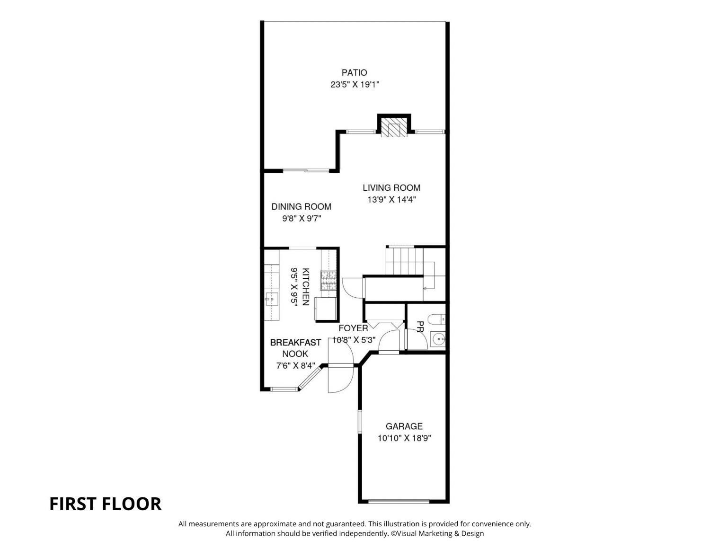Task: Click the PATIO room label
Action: click(354, 72)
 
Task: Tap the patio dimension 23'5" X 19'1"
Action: click(355, 85)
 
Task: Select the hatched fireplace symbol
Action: click(394, 127)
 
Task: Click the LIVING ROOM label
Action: click(391, 188)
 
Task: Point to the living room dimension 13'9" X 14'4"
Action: click(391, 199)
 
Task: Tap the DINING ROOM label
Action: click(301, 206)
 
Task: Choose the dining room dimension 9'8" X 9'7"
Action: click(302, 218)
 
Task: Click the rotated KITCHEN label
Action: click(305, 286)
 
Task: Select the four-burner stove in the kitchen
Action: click(328, 281)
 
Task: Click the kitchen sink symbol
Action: click(271, 299)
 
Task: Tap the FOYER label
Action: click(353, 328)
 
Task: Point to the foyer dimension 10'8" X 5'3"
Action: click(354, 340)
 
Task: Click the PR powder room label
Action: click(420, 326)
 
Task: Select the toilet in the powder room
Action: click(436, 319)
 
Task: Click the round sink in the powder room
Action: click(438, 340)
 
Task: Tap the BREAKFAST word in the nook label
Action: click(295, 343)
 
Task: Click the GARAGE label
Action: click(404, 426)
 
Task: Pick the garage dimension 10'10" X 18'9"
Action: click(404, 438)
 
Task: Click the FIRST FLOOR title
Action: click(105, 504)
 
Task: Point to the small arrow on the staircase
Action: click(426, 288)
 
